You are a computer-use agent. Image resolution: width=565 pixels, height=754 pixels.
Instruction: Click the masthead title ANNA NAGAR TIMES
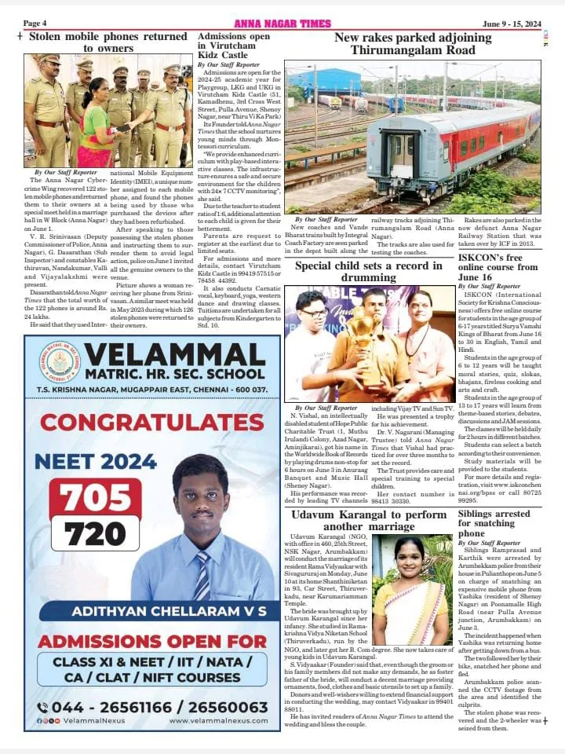pyautogui.click(x=283, y=24)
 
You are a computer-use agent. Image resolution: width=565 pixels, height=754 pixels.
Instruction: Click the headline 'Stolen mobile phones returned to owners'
pyautogui.click(x=108, y=42)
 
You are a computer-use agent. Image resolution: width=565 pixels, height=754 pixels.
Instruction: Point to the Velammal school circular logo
pyautogui.click(x=59, y=364)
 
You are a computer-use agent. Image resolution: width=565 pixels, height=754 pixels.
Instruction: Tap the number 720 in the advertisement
pyautogui.click(x=96, y=533)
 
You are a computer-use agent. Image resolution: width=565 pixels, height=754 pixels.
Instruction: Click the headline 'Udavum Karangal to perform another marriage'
pyautogui.click(x=369, y=521)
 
